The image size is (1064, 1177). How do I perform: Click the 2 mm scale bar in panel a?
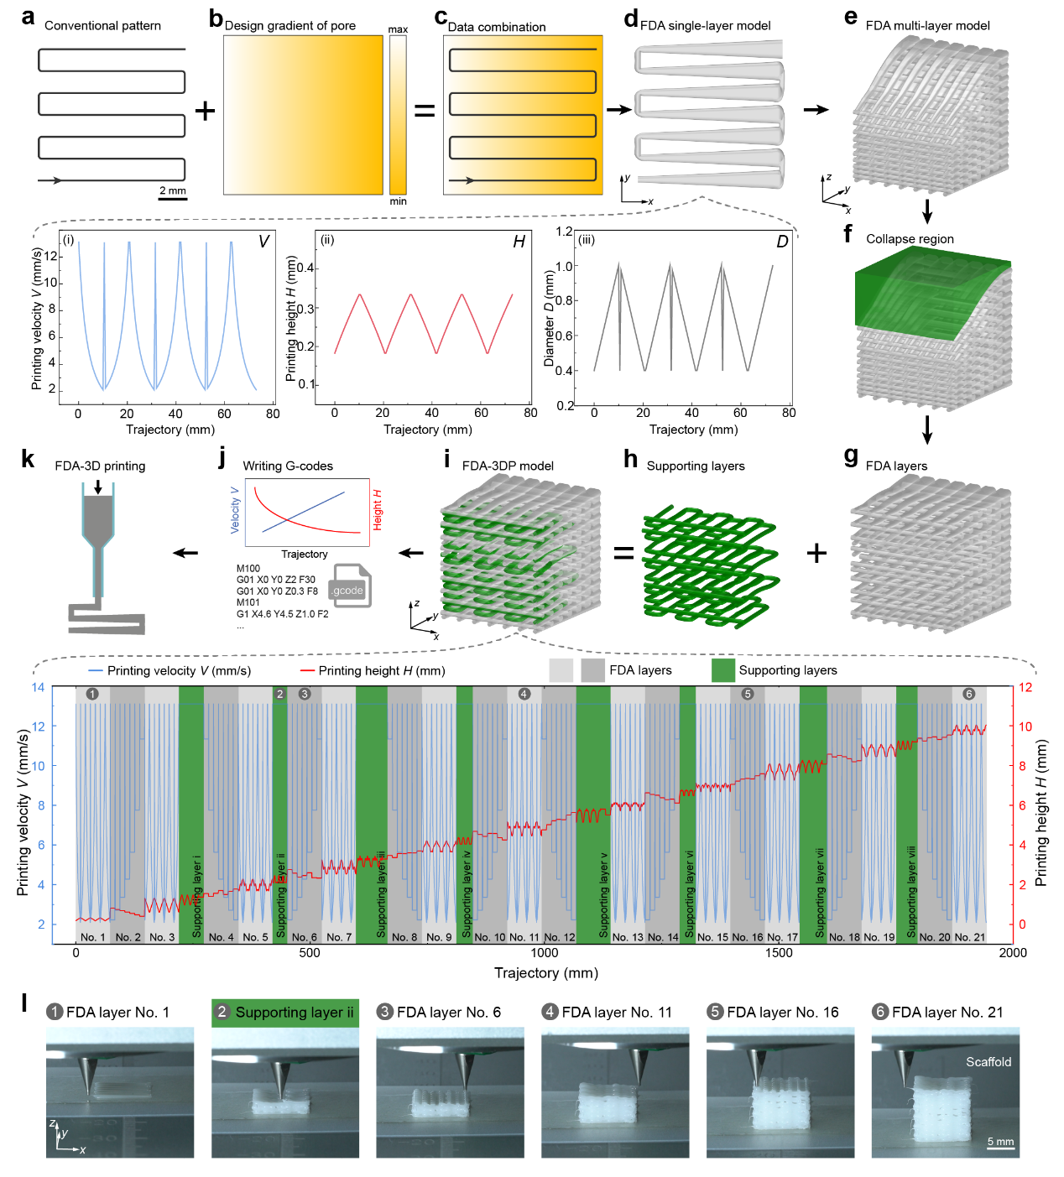point(173,198)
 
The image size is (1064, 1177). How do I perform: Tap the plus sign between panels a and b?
point(205,111)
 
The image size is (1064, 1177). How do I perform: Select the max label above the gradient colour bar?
point(398,29)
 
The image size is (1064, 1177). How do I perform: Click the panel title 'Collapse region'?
point(910,239)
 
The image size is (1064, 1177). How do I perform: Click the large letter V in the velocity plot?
point(263,242)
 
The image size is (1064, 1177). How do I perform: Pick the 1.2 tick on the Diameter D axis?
point(565,232)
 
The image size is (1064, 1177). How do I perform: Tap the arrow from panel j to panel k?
point(185,552)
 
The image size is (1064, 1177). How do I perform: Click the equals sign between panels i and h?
point(623,553)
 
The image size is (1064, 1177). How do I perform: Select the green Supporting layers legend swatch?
point(723,670)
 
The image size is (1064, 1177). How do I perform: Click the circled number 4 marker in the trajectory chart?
point(524,694)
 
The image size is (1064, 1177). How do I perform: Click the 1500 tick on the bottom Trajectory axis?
point(779,953)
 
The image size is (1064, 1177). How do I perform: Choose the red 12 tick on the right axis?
point(1025,687)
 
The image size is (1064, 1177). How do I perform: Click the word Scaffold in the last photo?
point(988,1062)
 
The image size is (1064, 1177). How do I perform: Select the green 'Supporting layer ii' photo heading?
point(285,1013)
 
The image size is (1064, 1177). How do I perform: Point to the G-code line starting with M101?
point(248,602)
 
